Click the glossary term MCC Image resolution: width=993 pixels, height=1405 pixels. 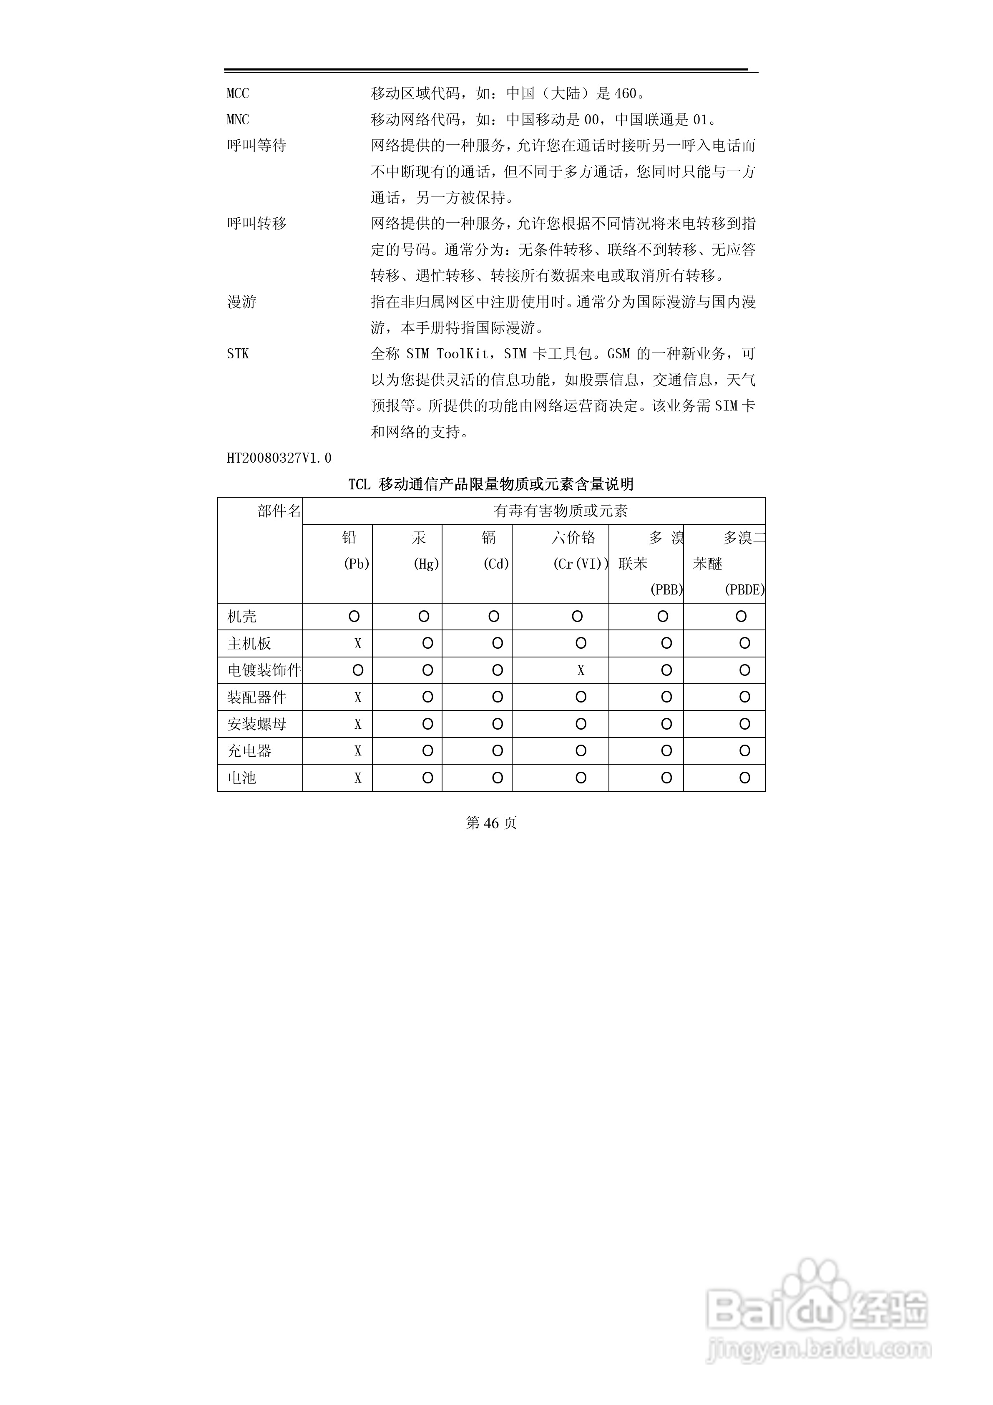point(238,93)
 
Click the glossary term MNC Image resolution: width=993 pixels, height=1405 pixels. point(238,120)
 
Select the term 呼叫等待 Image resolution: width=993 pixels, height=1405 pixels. point(256,146)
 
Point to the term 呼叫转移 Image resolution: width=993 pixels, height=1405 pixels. point(256,224)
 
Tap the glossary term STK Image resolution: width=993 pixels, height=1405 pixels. point(238,354)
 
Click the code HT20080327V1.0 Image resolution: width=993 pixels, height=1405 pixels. point(279,458)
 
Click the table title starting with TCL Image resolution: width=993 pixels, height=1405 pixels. point(491,485)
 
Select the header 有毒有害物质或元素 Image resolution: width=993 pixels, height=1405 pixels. point(561,511)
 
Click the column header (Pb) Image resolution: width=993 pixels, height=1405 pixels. point(357,564)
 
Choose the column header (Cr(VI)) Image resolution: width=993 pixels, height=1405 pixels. point(581,564)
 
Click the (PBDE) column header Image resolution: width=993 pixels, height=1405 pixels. point(744,590)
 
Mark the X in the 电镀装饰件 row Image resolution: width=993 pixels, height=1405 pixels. point(581,671)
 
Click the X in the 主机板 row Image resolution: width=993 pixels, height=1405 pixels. point(358,644)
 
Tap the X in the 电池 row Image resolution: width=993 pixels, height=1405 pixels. point(358,778)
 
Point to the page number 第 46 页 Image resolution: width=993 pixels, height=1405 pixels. point(491,823)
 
